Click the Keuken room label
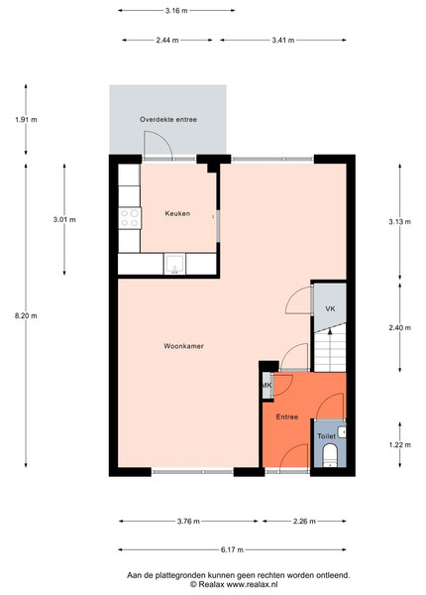[177, 213]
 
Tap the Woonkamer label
[183, 346]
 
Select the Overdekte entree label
[168, 120]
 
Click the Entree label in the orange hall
[287, 416]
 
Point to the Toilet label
[326, 436]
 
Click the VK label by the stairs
[330, 308]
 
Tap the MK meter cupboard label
[266, 386]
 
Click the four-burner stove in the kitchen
[130, 218]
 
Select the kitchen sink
[174, 264]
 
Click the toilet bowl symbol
[330, 455]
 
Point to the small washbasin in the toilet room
[342, 431]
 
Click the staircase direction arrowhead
[330, 331]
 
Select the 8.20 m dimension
[26, 315]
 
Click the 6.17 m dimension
[232, 549]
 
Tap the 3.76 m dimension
[188, 521]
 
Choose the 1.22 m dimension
[400, 444]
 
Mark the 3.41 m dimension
[283, 40]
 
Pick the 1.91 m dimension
[26, 120]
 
